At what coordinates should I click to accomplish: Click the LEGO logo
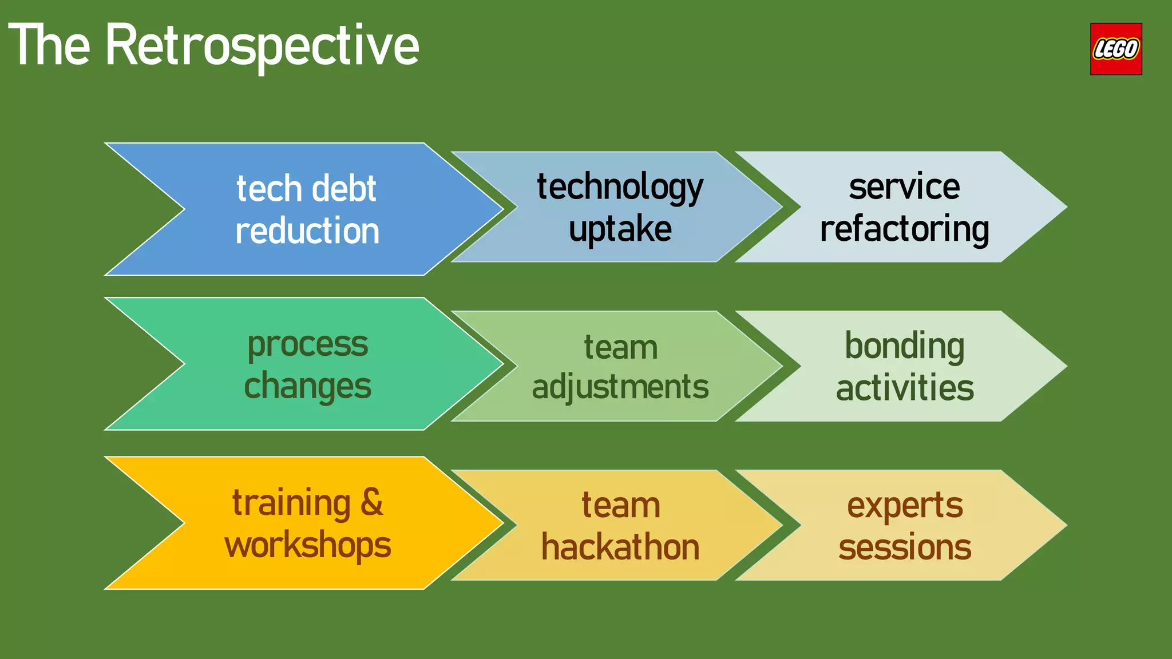(1115, 49)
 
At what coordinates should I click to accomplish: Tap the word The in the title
(49, 46)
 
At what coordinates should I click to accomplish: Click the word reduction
(307, 231)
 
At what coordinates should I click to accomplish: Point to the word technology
(620, 188)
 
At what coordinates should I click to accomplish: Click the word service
(904, 186)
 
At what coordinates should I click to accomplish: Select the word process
(307, 346)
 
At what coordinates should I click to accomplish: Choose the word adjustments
(620, 388)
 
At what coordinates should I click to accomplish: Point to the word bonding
(904, 347)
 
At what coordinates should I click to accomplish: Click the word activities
(904, 388)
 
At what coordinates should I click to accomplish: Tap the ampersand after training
(372, 502)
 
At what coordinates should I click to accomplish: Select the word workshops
(307, 546)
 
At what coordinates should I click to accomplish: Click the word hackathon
(620, 547)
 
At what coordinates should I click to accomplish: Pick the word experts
(904, 506)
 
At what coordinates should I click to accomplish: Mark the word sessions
(904, 547)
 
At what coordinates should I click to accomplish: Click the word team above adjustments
(620, 347)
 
